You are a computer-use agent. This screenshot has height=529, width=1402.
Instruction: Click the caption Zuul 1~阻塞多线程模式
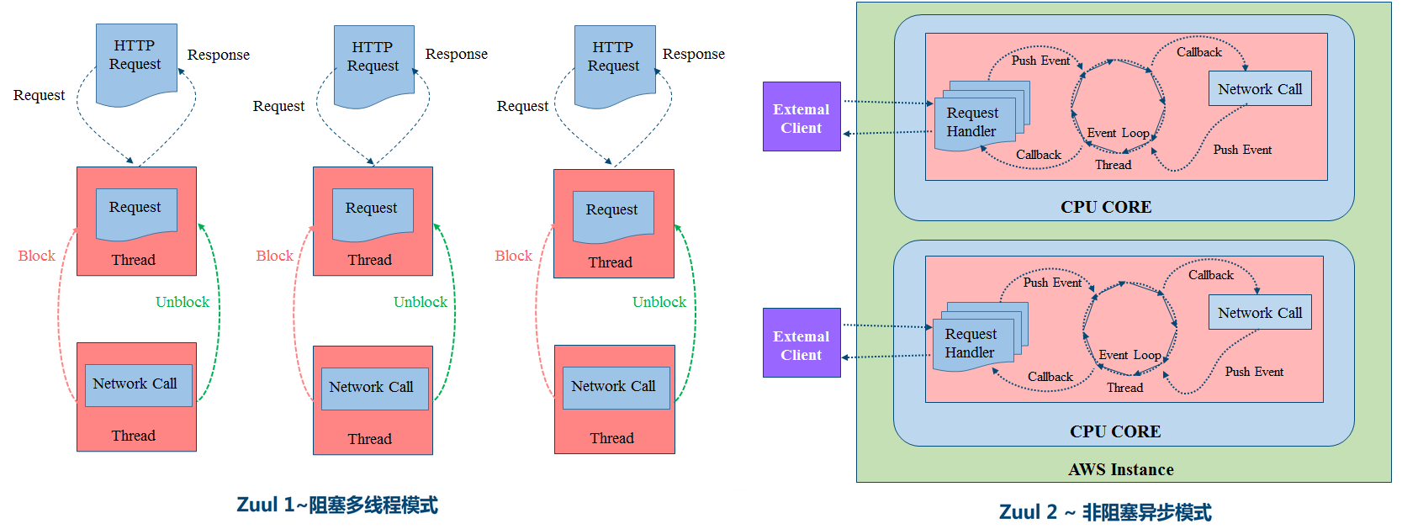click(337, 505)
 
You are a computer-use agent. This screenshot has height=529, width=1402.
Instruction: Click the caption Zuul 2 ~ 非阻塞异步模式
click(1104, 511)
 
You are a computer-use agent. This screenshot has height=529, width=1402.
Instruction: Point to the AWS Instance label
click(1120, 469)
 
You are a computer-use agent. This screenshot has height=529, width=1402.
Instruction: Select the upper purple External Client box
click(802, 117)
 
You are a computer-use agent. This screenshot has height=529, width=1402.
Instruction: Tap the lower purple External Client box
click(802, 343)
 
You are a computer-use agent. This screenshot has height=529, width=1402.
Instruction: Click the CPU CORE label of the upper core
click(1105, 207)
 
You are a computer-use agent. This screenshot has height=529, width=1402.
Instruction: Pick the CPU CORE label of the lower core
click(1114, 431)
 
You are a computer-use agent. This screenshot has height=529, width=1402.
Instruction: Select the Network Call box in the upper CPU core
click(1259, 88)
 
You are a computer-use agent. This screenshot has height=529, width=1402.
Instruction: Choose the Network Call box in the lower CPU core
click(1259, 312)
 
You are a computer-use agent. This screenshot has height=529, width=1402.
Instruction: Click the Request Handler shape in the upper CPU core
click(974, 123)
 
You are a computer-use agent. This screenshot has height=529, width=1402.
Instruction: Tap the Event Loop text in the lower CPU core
click(1130, 355)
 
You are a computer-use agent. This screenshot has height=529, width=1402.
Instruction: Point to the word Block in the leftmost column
click(36, 256)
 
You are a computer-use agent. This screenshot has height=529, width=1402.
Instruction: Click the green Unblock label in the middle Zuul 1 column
click(420, 302)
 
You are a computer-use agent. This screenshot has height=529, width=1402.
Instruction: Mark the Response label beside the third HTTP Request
click(693, 54)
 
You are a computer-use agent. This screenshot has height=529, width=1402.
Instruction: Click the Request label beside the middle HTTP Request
click(278, 106)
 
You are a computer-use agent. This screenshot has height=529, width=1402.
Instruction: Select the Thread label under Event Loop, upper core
click(1113, 165)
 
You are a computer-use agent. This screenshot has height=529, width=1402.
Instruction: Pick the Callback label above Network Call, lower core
click(1210, 275)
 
